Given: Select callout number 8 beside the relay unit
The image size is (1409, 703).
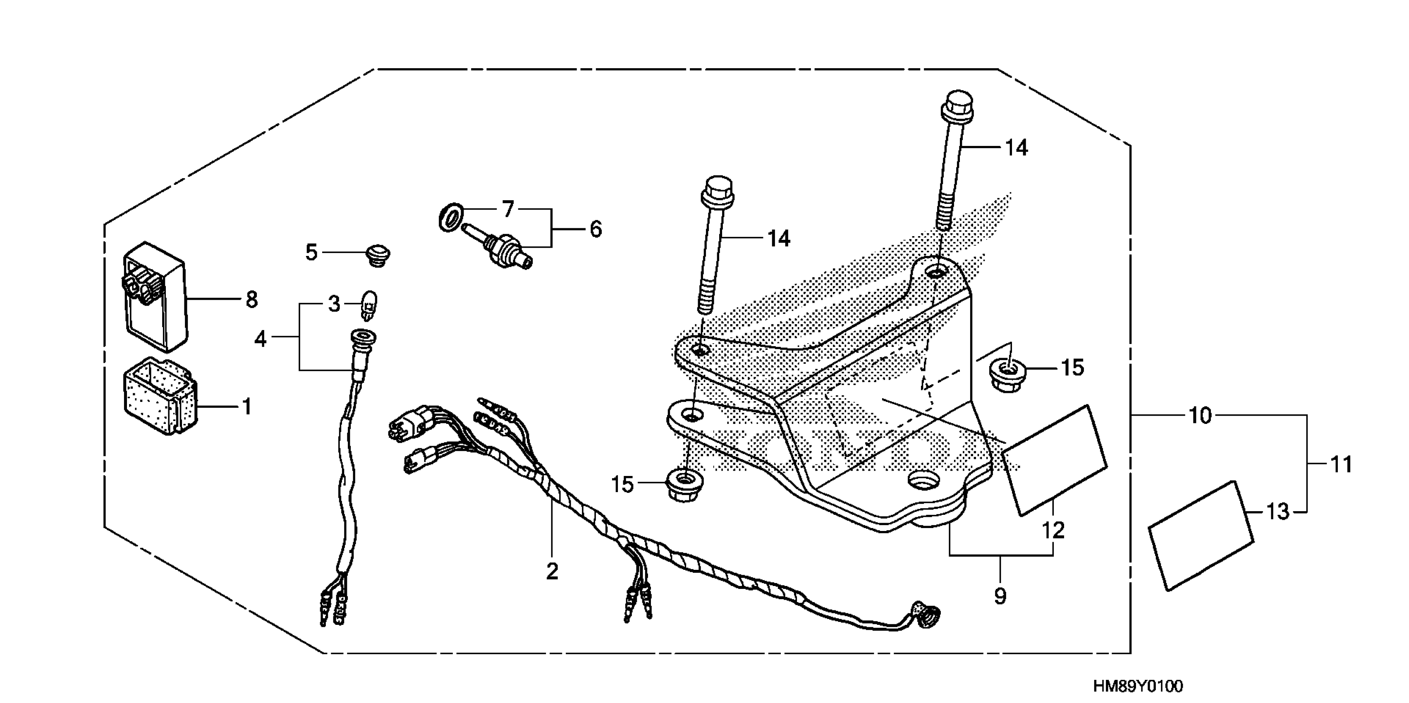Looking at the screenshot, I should click(x=251, y=300).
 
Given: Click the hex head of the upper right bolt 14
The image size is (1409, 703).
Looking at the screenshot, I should click(x=958, y=105).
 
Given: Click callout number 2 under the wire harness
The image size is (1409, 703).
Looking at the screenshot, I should click(x=552, y=571).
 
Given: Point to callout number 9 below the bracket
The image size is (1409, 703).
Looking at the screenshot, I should click(x=1000, y=596).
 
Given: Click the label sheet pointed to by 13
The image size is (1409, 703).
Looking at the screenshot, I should click(x=1201, y=536).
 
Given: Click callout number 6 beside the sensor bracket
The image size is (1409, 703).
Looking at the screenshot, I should click(x=596, y=229).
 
